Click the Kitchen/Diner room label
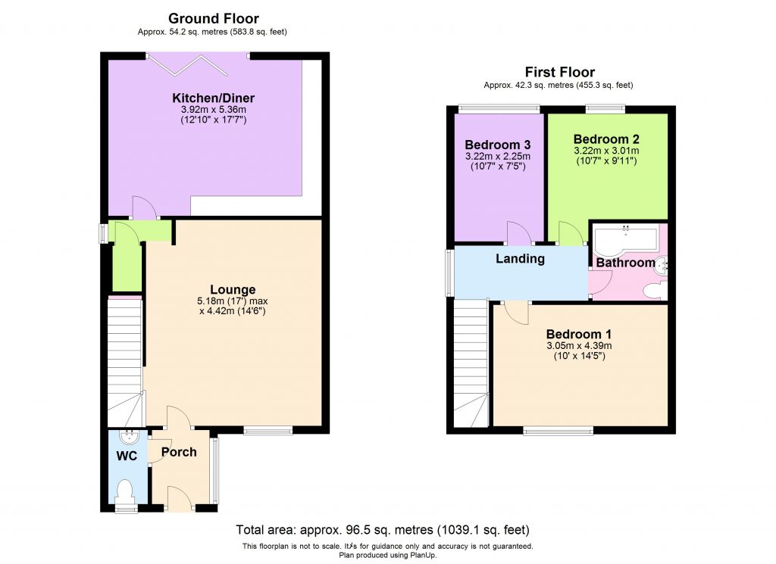tap(213, 98)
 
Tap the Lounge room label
tap(233, 289)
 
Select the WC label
tap(126, 457)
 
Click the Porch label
tap(179, 452)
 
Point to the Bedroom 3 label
tap(497, 145)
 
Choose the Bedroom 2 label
tap(606, 139)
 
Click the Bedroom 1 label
tap(580, 334)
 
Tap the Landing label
tap(520, 259)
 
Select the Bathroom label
tap(625, 263)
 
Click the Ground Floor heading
tap(213, 18)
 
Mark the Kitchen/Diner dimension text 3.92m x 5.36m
tap(213, 110)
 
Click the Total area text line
tap(383, 530)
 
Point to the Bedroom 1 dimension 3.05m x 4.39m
tap(580, 346)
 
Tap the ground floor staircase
tap(125, 360)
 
